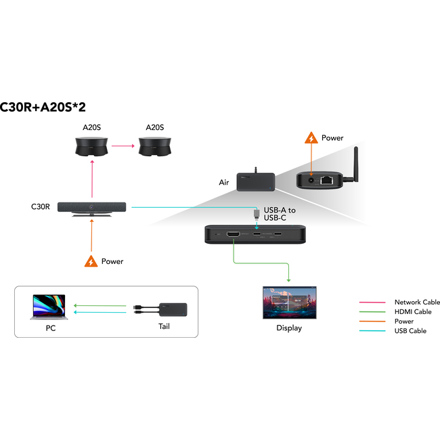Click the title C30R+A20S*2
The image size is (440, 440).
coord(43,107)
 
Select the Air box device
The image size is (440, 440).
coord(255,181)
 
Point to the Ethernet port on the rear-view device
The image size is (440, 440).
coord(328,180)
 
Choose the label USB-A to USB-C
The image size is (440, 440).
coord(280,214)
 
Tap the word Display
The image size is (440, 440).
coord(289,328)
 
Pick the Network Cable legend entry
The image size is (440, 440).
coord(417,302)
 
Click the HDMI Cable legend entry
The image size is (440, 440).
coord(413,311)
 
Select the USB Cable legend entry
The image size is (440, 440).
coord(410,330)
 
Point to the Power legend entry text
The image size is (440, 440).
coord(404,321)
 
